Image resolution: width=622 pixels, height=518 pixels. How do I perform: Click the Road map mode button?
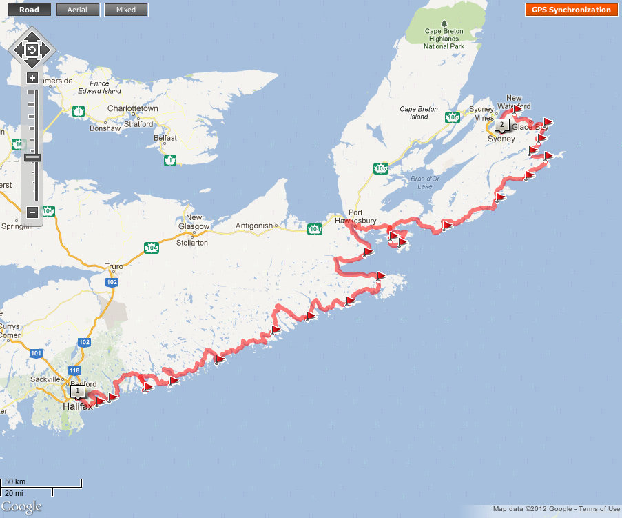pos(29,10)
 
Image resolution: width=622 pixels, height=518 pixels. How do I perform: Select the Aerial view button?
pos(77,10)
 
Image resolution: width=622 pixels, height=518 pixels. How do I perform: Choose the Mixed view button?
pos(126,10)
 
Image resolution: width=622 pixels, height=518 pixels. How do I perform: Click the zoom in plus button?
pos(32,78)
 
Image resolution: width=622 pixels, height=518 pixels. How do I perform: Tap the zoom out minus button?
pos(32,212)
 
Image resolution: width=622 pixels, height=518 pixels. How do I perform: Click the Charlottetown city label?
pos(133,109)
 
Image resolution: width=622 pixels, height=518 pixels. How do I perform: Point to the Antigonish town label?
pos(254,225)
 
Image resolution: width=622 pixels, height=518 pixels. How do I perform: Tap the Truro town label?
pos(114,266)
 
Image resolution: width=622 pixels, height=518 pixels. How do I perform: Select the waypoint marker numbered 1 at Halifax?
pos(79,392)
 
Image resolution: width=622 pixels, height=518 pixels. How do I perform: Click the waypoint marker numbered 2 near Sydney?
pos(501,125)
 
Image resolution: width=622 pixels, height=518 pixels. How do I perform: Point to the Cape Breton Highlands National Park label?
pos(441,39)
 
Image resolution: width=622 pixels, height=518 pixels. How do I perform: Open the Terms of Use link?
pos(599,509)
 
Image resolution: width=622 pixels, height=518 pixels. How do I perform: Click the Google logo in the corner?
pos(21,508)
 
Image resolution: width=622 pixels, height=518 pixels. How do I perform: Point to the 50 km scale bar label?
pos(15,481)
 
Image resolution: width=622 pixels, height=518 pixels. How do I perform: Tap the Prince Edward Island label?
pos(101,87)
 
